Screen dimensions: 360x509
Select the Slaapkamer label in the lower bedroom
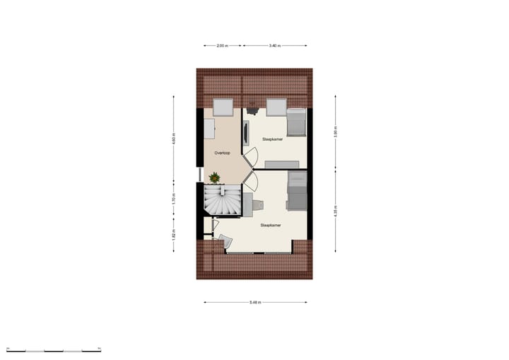click(x=270, y=226)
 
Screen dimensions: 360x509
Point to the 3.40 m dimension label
click(x=275, y=45)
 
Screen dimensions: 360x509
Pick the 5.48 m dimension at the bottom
click(x=255, y=303)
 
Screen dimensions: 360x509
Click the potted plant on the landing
click(x=214, y=178)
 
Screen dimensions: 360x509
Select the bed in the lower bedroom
click(x=296, y=191)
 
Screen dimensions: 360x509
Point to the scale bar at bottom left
click(x=53, y=349)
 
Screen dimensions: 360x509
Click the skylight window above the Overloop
click(x=223, y=108)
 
